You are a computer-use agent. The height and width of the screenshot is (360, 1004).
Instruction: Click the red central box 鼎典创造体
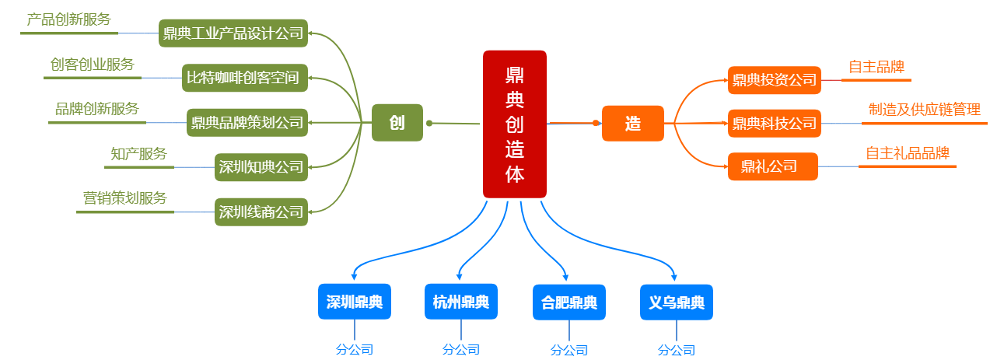point(514,124)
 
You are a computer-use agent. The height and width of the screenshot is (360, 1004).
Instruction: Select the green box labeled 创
point(397,123)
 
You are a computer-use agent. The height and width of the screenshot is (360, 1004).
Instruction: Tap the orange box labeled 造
point(632,123)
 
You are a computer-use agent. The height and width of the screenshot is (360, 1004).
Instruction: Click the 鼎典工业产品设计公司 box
point(233,33)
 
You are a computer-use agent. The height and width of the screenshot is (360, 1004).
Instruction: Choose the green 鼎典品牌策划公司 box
point(247,122)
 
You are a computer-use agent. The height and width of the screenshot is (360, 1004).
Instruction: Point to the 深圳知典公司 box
point(261,166)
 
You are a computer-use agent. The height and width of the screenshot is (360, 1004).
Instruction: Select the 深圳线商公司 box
point(261,211)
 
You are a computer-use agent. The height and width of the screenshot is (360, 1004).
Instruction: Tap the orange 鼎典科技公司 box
point(774,123)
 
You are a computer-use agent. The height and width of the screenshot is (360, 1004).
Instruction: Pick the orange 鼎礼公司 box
point(772,166)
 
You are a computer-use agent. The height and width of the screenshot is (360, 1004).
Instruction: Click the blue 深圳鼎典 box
point(355,302)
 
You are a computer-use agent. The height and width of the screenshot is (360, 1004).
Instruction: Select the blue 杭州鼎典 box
point(461,302)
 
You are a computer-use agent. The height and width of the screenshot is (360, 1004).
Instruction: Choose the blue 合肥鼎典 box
point(569,302)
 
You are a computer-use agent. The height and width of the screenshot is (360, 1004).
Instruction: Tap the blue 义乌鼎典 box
point(677,302)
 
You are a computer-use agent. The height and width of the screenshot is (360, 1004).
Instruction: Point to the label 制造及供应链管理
point(924,110)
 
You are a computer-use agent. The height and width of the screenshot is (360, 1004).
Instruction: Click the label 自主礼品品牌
point(908,153)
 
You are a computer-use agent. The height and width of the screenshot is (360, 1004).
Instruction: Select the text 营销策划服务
point(125,197)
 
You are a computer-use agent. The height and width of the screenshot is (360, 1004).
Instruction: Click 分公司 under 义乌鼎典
point(677,350)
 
